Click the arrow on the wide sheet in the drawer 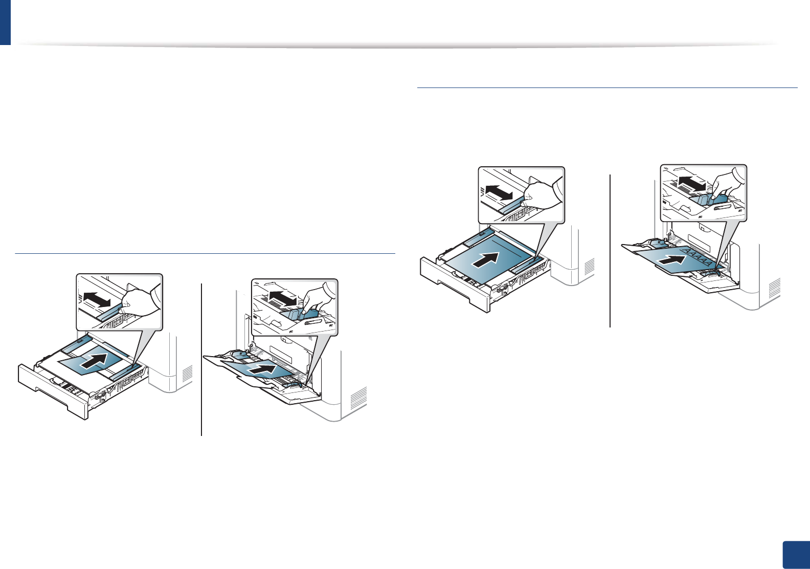pyautogui.click(x=485, y=259)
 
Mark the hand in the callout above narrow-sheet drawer pyautogui.click(x=139, y=303)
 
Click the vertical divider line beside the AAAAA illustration pyautogui.click(x=611, y=251)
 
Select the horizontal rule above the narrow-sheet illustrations pyautogui.click(x=205, y=253)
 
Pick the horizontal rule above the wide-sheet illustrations pyautogui.click(x=607, y=87)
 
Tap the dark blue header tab pyautogui.click(x=5, y=22)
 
